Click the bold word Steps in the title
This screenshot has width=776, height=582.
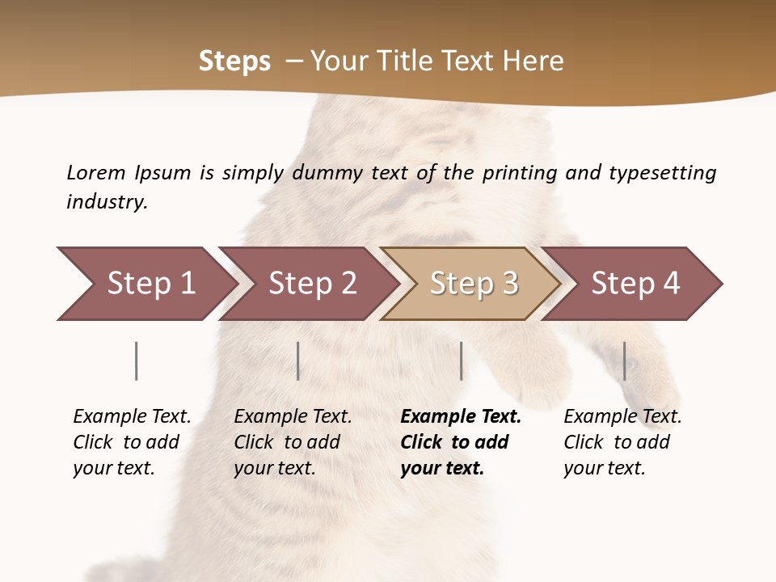pos(234,61)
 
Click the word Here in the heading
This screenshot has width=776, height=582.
pos(533,61)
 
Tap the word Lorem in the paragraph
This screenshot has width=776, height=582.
pos(96,172)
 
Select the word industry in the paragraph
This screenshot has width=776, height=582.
pos(107,201)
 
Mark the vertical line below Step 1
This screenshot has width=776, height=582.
pos(137,361)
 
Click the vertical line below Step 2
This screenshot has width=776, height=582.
pos(298,361)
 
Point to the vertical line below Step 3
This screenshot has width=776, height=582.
pos(461,361)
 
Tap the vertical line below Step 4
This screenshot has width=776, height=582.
pos(625,361)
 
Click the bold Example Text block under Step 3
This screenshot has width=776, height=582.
pos(461,442)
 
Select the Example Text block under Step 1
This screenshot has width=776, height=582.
pos(132,442)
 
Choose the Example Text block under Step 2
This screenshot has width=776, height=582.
pos(293,442)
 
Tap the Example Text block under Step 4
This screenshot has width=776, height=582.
pos(622,442)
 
